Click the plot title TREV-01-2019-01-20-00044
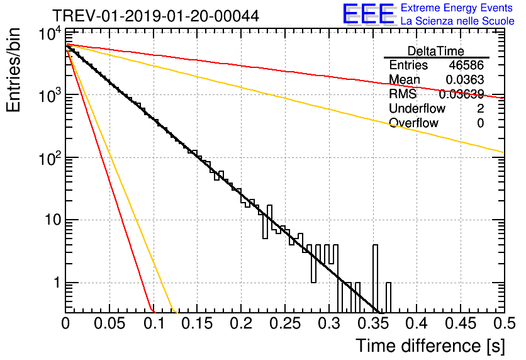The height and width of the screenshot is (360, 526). coord(155,16)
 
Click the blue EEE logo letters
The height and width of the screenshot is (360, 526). coord(368,14)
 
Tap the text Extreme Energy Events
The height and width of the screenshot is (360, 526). coord(457,8)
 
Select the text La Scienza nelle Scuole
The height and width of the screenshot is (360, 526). coord(457,21)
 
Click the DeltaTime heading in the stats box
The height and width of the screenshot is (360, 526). coord(436,51)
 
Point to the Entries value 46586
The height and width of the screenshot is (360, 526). coord(466,65)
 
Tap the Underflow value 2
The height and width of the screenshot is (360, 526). coord(480,109)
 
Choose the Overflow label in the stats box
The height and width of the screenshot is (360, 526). coord(413,123)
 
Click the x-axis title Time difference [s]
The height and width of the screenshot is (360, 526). coord(430,346)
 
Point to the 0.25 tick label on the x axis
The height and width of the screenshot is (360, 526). coord(285,323)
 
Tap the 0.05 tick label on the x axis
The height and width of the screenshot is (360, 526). coord(109,323)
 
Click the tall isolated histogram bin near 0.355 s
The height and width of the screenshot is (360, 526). coord(376,278)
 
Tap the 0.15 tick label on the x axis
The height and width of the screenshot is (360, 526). coord(197,323)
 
